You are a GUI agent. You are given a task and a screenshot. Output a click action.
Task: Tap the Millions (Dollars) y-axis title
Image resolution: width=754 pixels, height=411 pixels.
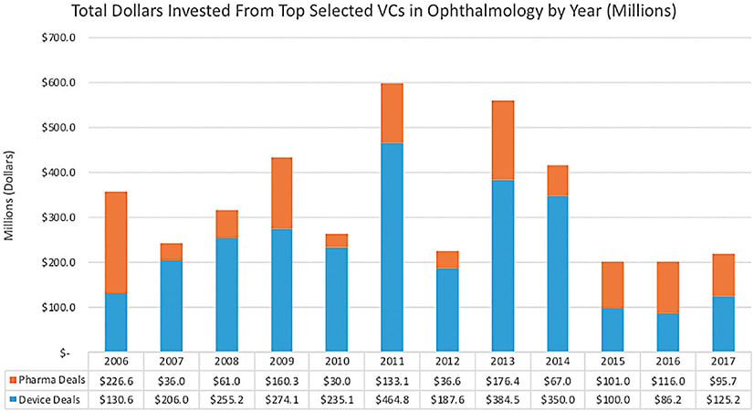tap(11, 195)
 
